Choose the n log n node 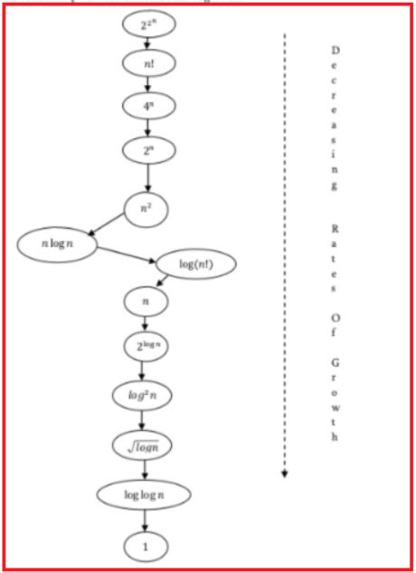click(56, 246)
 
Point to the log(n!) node click(195, 264)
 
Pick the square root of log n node click(142, 445)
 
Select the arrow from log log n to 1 click(144, 521)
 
